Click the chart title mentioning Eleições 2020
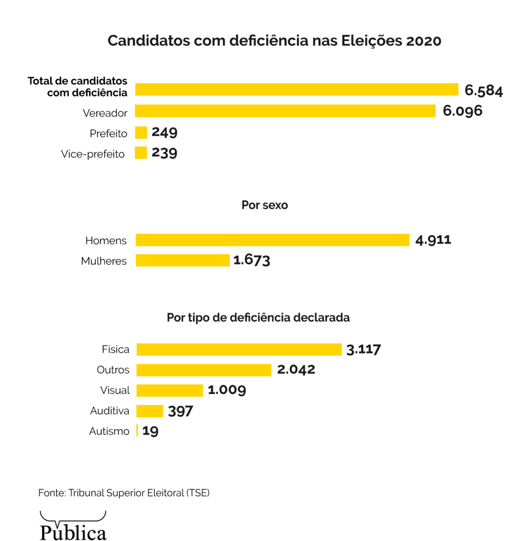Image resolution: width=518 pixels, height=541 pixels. pyautogui.click(x=274, y=41)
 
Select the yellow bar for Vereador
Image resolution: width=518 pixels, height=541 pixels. pyautogui.click(x=285, y=111)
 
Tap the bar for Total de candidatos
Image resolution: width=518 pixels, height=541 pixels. pyautogui.click(x=296, y=89)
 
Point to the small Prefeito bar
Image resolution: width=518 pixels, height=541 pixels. pyautogui.click(x=141, y=133)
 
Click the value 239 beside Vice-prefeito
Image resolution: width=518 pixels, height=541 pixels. pyautogui.click(x=164, y=153)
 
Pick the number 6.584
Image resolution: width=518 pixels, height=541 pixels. pyautogui.click(x=483, y=91)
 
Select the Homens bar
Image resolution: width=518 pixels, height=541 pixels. pyautogui.click(x=272, y=240)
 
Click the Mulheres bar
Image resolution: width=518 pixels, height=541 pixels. pyautogui.click(x=182, y=261)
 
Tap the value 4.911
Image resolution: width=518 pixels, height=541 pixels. pyautogui.click(x=433, y=240)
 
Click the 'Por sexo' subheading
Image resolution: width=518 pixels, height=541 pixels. pyautogui.click(x=264, y=205)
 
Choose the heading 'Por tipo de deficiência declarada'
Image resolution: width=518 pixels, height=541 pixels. pyautogui.click(x=258, y=318)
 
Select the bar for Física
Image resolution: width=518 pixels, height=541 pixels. pyautogui.click(x=239, y=349)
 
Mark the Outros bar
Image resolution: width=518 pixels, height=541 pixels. pyautogui.click(x=203, y=370)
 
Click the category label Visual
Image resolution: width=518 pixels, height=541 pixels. pyautogui.click(x=115, y=390)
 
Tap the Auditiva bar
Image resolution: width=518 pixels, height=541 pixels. pyautogui.click(x=149, y=411)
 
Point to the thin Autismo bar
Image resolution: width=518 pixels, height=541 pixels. pyautogui.click(x=137, y=431)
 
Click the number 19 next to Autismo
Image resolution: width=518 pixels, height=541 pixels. pyautogui.click(x=150, y=431)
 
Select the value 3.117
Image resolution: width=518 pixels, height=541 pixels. pyautogui.click(x=363, y=349)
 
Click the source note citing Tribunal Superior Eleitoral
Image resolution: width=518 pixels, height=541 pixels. pyautogui.click(x=124, y=493)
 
